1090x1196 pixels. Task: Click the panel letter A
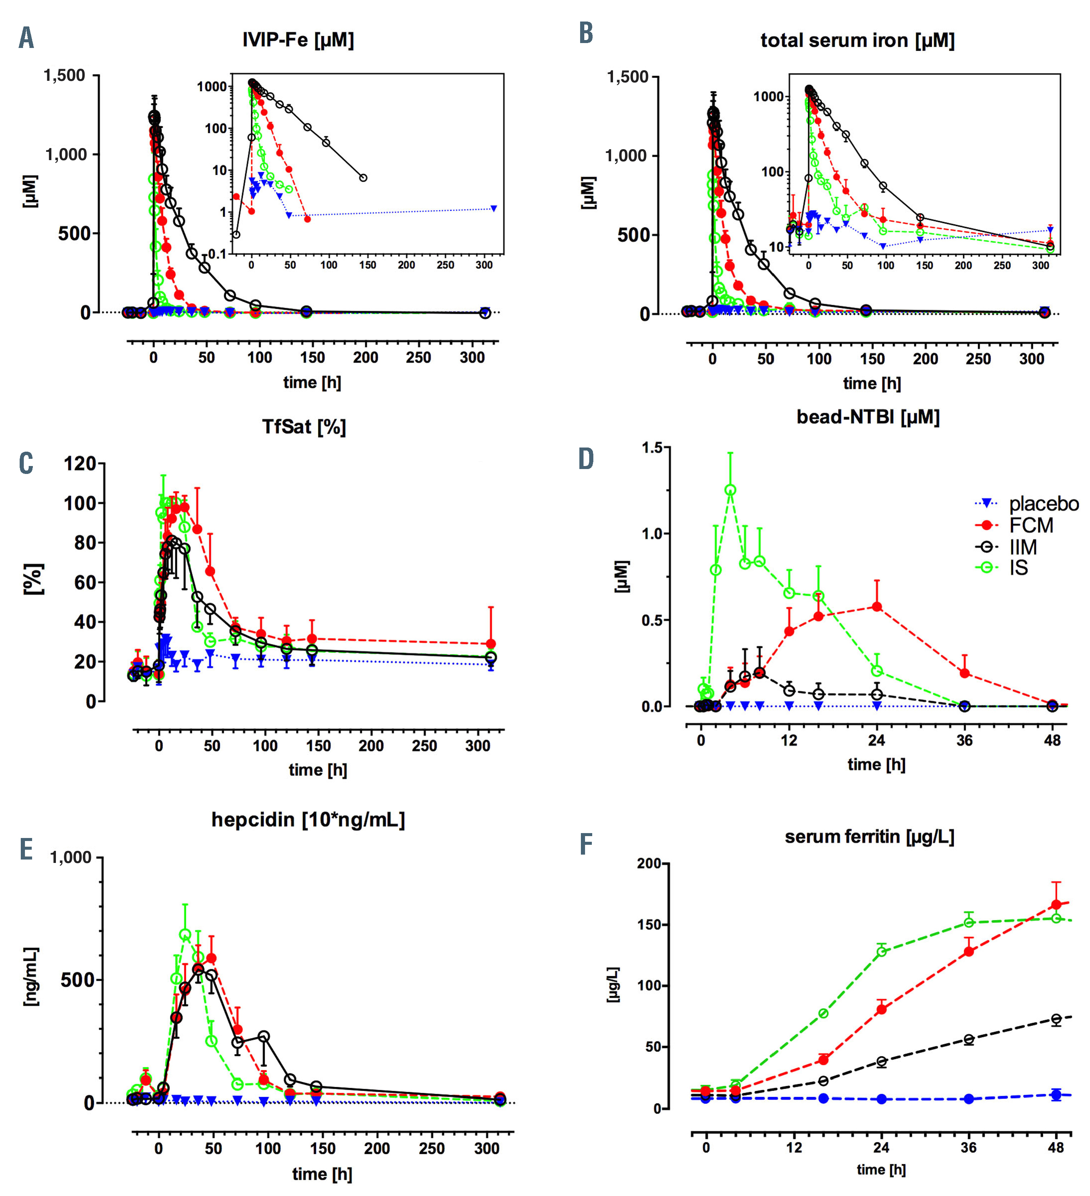(x=26, y=38)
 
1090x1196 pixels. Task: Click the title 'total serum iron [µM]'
(x=857, y=40)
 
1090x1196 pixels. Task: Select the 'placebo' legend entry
(x=1043, y=504)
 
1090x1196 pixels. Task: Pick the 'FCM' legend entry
(x=1031, y=525)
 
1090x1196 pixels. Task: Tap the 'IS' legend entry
(x=1018, y=568)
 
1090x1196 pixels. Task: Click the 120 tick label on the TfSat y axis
(x=80, y=463)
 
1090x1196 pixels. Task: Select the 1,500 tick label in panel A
(x=64, y=76)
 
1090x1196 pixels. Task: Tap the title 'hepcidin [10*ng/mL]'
(x=308, y=819)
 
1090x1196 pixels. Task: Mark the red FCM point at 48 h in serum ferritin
(x=1056, y=905)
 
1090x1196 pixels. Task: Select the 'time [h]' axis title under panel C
(x=318, y=769)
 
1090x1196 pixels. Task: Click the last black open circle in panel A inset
(x=363, y=178)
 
